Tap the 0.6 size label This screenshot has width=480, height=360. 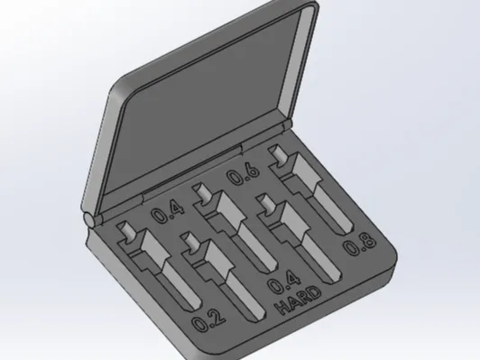point(244,175)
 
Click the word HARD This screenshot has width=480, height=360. point(298,301)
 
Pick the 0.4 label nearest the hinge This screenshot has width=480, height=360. point(169,212)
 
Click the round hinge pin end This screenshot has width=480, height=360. point(90,219)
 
